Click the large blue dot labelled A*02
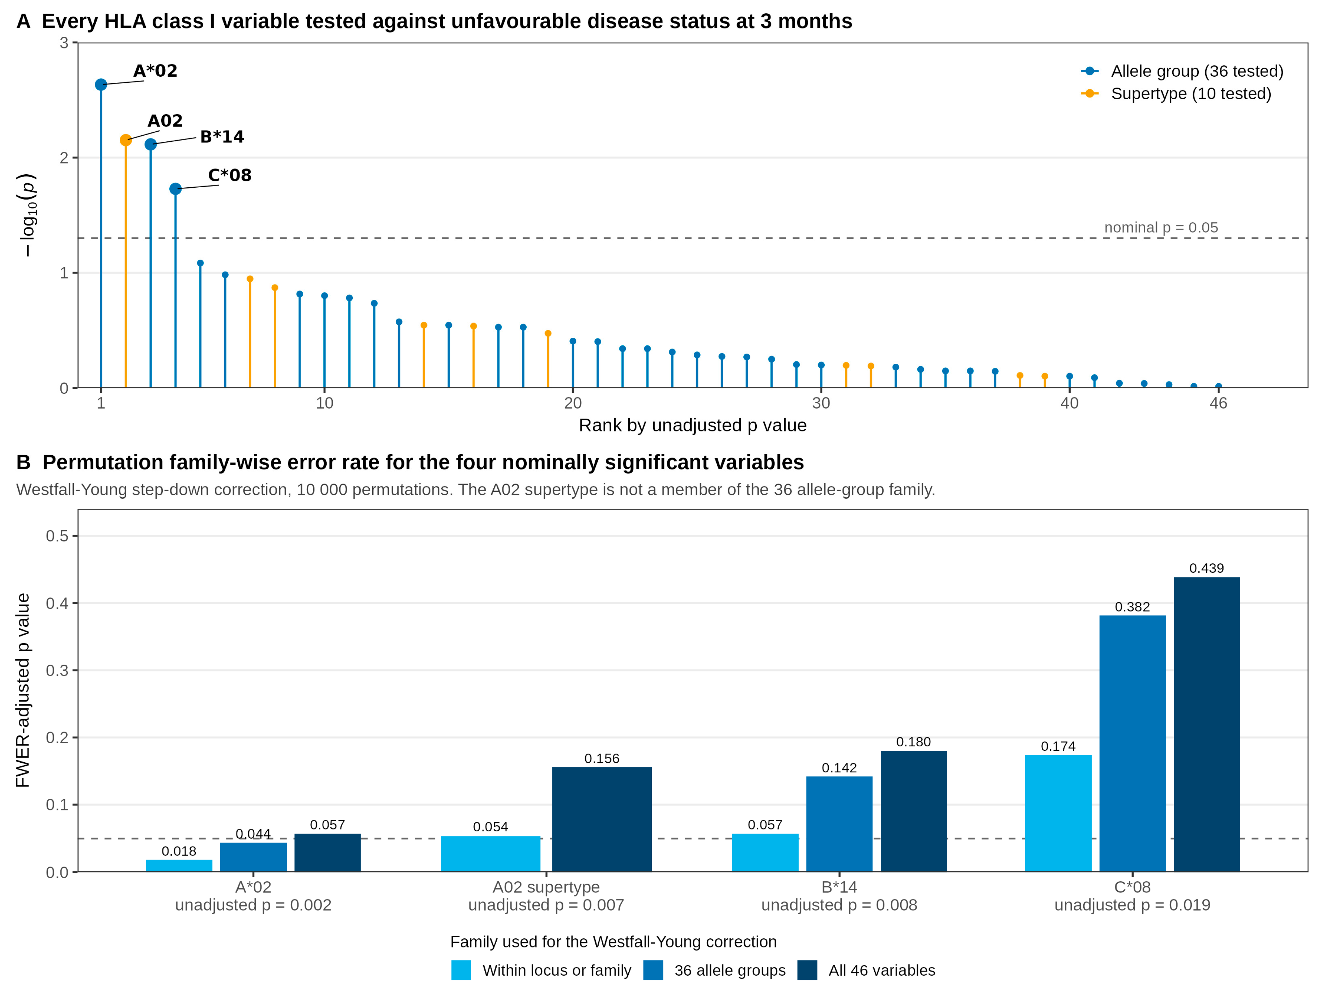pyautogui.click(x=101, y=85)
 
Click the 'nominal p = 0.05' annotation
pyautogui.click(x=1161, y=227)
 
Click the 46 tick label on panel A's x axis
pyautogui.click(x=1218, y=404)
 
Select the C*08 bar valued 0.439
pyautogui.click(x=1207, y=725)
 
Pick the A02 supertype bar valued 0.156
pyautogui.click(x=602, y=820)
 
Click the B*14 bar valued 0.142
pyautogui.click(x=840, y=824)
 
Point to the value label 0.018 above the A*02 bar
pyautogui.click(x=179, y=851)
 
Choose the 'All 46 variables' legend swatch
pyautogui.click(x=807, y=970)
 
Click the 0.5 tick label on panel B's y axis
pyautogui.click(x=57, y=536)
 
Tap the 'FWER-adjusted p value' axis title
pyautogui.click(x=23, y=691)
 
